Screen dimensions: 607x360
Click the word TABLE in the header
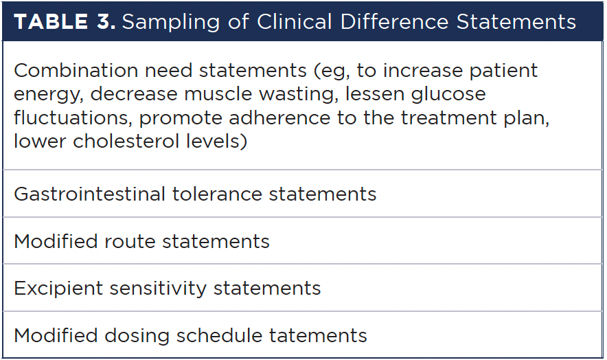[x=51, y=21]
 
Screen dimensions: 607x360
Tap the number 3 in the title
[x=105, y=21]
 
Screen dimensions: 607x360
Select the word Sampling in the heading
[x=171, y=23]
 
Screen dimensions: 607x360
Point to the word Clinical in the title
[x=294, y=21]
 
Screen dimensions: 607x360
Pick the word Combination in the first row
[x=76, y=71]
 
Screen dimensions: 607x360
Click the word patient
[x=503, y=71]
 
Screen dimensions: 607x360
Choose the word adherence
[x=279, y=117]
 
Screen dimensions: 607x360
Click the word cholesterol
[x=126, y=141]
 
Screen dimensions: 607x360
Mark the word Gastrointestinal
[x=90, y=194]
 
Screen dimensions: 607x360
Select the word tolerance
[x=217, y=194]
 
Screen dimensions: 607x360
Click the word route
[x=129, y=242]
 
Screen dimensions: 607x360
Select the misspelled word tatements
[x=318, y=336]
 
